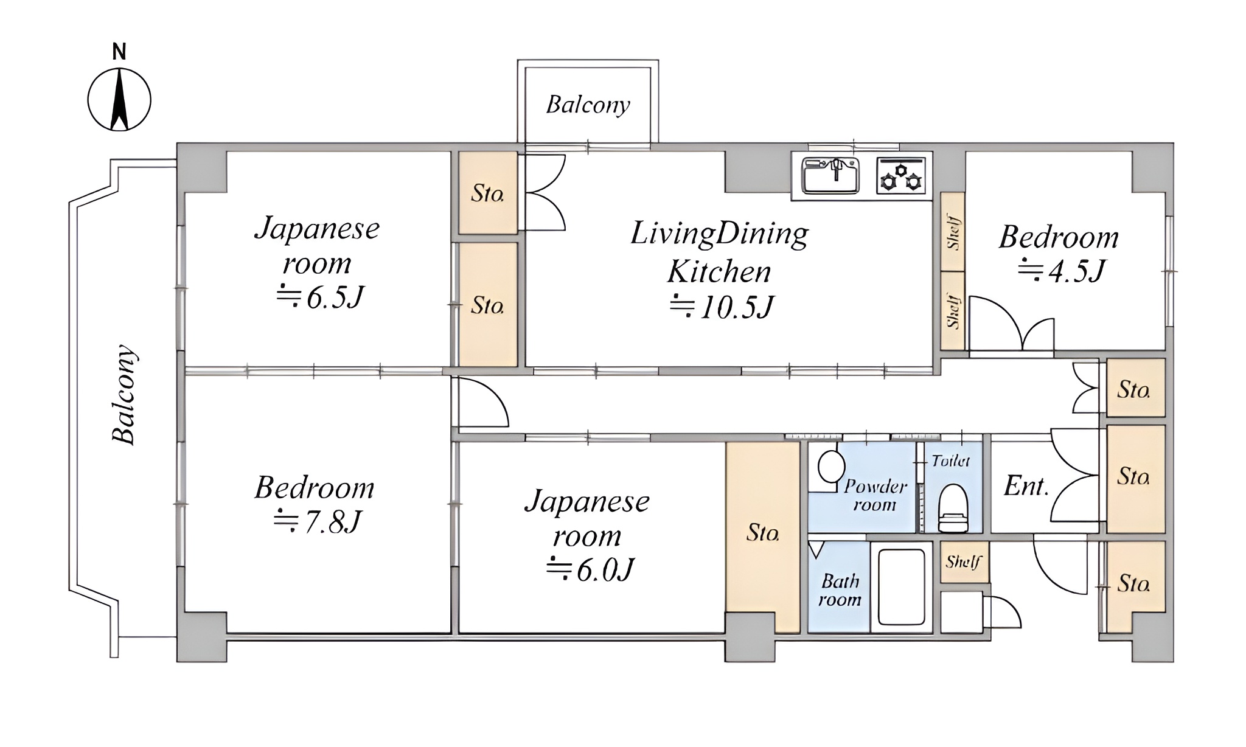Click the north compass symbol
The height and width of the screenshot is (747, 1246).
[119, 99]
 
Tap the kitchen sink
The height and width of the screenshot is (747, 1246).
[830, 175]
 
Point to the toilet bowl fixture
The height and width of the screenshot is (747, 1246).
[953, 508]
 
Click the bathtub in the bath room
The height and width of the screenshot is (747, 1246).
[902, 588]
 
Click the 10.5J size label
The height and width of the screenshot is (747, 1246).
[722, 307]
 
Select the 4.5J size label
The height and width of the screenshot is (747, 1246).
[1062, 271]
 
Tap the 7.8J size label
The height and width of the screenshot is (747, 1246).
[318, 522]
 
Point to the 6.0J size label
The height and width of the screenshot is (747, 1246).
[590, 569]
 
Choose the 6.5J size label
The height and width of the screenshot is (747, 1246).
[320, 297]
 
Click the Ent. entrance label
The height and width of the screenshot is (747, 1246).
[1026, 487]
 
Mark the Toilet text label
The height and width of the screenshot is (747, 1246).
[951, 461]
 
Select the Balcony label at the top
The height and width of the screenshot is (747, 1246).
[588, 105]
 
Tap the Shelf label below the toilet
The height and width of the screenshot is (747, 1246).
[963, 561]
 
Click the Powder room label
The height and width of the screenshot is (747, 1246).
[875, 495]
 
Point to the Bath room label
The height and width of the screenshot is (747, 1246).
[840, 590]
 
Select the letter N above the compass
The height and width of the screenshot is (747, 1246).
[119, 52]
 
